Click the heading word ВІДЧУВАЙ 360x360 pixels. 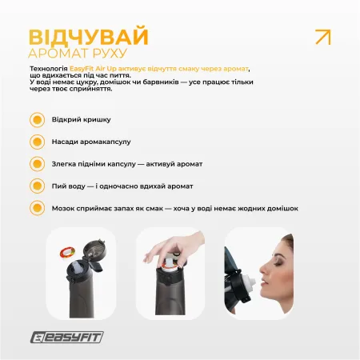coord(88,38)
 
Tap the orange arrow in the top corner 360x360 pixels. coord(323,37)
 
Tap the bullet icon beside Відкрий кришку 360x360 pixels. coord(36,120)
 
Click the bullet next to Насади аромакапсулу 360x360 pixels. coord(36,142)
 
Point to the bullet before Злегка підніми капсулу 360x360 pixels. coord(36,163)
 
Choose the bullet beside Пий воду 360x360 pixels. coord(36,186)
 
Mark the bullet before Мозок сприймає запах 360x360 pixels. coord(36,207)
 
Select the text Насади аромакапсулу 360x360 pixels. coord(91,142)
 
